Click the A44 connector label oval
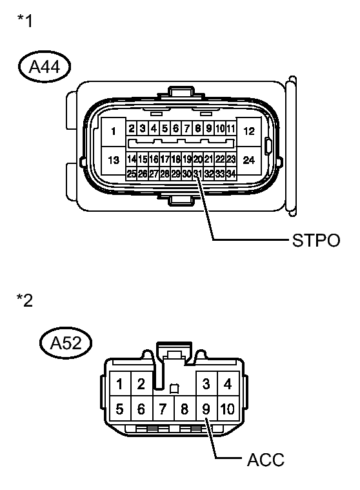tap(45, 66)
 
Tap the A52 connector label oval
tap(66, 343)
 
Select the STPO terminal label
tap(315, 240)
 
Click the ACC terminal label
tap(266, 460)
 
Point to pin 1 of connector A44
tap(114, 132)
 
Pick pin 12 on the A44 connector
tap(249, 132)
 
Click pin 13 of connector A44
tap(114, 160)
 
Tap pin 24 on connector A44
tap(249, 160)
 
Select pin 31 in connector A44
tap(197, 174)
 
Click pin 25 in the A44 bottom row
tap(132, 174)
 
